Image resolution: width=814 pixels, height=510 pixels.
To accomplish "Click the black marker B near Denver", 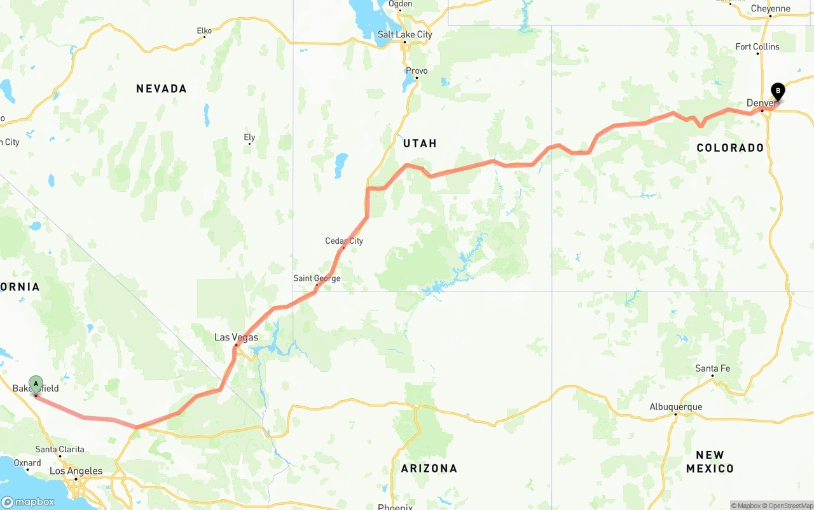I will pyautogui.click(x=778, y=91).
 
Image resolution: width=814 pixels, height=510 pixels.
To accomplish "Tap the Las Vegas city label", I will pyautogui.click(x=236, y=337).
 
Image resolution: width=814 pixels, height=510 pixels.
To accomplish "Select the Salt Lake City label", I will pyautogui.click(x=404, y=34).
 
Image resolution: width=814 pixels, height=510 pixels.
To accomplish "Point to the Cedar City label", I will pyautogui.click(x=344, y=241).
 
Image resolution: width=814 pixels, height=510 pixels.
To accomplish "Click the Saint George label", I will pyautogui.click(x=317, y=278).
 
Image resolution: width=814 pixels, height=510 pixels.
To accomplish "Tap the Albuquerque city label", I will pyautogui.click(x=675, y=406).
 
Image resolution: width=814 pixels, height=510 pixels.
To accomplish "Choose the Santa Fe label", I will pyautogui.click(x=712, y=368).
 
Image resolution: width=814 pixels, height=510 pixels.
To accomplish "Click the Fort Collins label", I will pyautogui.click(x=757, y=46).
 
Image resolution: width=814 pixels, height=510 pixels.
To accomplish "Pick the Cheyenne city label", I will pyautogui.click(x=770, y=9).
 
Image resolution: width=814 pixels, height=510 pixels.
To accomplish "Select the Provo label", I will pyautogui.click(x=417, y=70).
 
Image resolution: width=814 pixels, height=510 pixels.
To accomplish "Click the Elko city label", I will pyautogui.click(x=204, y=30).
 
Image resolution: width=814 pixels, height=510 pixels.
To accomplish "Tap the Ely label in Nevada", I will pyautogui.click(x=249, y=137).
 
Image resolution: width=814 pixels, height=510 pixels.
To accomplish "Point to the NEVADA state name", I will pyautogui.click(x=162, y=89).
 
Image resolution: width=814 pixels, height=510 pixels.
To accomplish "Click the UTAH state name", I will pyautogui.click(x=420, y=144).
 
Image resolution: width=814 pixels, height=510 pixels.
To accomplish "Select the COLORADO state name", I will pyautogui.click(x=730, y=148).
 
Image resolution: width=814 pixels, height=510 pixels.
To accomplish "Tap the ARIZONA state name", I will pyautogui.click(x=429, y=468).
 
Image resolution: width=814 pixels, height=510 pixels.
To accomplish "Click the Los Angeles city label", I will pyautogui.click(x=76, y=471).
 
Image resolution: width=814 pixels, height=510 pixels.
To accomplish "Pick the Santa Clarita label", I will pyautogui.click(x=60, y=449).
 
